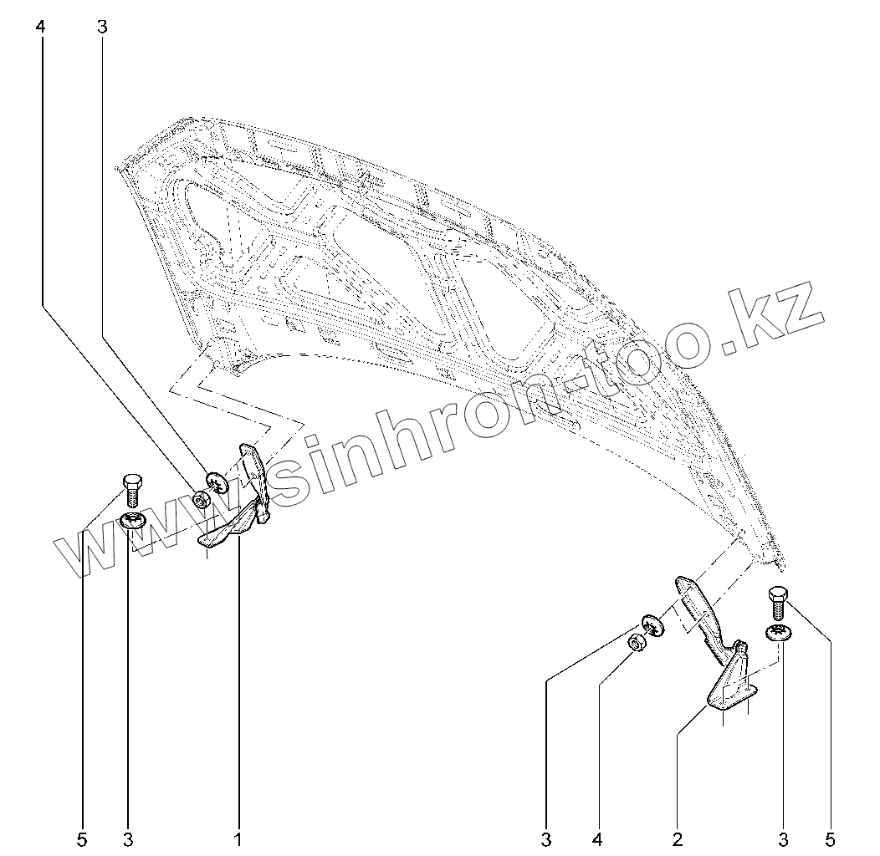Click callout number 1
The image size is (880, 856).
click(x=238, y=838)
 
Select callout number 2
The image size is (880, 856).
click(x=678, y=838)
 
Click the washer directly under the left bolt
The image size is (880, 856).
click(x=132, y=522)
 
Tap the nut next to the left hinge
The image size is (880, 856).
click(x=201, y=501)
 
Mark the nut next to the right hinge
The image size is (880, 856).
click(x=636, y=644)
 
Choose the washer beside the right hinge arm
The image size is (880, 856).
click(x=652, y=624)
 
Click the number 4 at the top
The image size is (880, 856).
click(x=40, y=27)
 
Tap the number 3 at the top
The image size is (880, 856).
click(x=102, y=27)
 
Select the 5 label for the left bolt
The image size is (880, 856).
click(x=82, y=838)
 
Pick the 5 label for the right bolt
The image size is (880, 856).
click(x=831, y=838)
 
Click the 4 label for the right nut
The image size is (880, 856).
click(x=598, y=838)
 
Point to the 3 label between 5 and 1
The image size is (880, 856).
click(x=128, y=838)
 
